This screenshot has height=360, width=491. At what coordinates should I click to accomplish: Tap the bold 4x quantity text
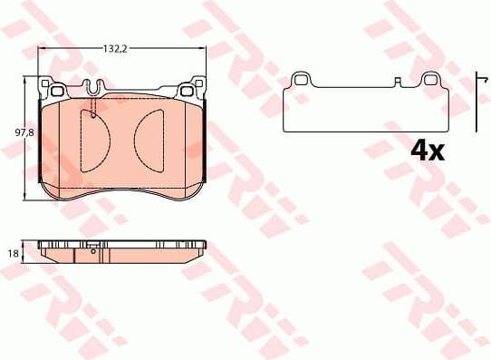(427, 151)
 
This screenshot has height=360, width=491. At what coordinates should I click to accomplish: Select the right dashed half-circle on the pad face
(149, 136)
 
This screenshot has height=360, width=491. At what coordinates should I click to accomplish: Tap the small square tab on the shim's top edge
(398, 82)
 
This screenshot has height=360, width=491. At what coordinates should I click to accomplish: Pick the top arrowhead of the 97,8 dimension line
(25, 83)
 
